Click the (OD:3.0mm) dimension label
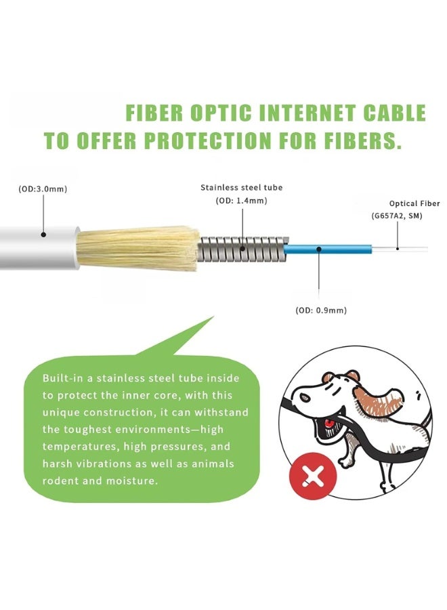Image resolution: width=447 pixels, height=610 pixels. point(43,189)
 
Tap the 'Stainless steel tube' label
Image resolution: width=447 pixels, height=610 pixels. point(241,188)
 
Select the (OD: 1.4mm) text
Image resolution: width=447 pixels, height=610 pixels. point(241,201)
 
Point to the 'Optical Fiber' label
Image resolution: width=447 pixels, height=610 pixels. point(414,203)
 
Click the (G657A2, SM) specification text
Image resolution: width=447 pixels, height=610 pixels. point(397,216)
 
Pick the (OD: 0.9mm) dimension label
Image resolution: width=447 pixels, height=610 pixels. point(321,310)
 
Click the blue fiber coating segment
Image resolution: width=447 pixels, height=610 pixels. point(327,249)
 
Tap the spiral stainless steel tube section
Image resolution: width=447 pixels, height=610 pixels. point(243,249)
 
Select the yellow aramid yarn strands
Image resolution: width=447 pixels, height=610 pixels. point(138,249)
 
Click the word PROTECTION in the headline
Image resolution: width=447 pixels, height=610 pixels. point(208,140)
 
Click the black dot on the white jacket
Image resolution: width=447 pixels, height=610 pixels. point(44,235)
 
